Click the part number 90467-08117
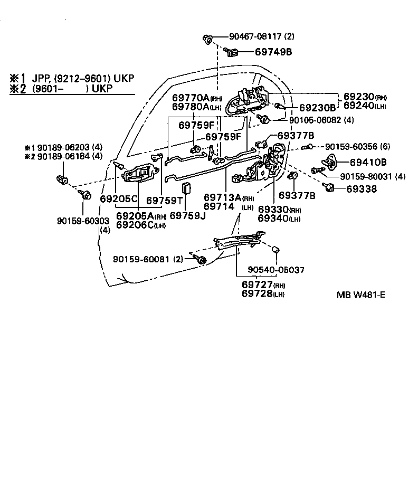[255, 37]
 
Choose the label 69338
[361, 188]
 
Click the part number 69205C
[119, 199]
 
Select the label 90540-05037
[276, 270]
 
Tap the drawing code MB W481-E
[360, 294]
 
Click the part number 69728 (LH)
[262, 293]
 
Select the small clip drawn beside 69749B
[232, 52]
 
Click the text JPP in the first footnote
[42, 78]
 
